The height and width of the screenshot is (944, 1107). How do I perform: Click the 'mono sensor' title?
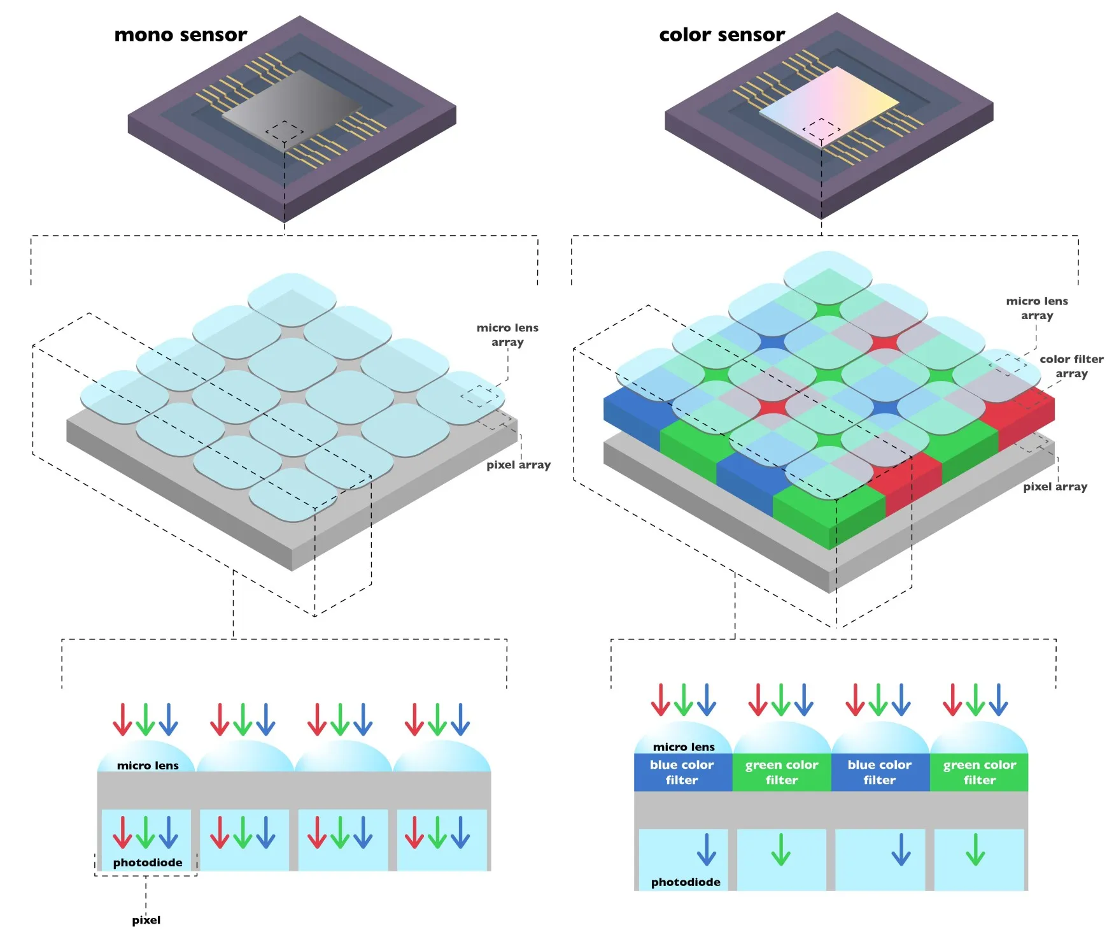coord(180,34)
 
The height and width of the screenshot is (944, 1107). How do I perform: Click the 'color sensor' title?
coord(721,34)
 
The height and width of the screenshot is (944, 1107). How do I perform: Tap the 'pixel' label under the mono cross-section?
coord(146,920)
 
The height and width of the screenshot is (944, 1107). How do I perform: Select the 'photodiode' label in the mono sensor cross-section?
coord(148,862)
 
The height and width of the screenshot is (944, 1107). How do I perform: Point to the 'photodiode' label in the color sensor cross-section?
coord(686,882)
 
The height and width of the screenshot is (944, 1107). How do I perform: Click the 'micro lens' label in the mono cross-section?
coord(148,765)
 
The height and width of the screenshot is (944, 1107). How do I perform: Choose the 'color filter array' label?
coord(1071,366)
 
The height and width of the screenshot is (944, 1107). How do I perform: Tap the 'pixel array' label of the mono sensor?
coord(518,465)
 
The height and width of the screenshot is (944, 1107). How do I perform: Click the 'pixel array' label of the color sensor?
coord(1055,487)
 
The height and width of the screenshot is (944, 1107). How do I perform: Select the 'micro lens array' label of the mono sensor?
coord(507,334)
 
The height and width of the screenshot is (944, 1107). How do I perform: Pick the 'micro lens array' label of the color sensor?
coord(1037,308)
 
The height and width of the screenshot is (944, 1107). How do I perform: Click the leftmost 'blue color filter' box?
coord(682,772)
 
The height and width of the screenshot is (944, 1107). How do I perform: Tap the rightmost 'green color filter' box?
coord(979,772)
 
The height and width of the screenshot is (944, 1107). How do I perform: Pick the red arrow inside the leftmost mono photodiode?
coord(122,833)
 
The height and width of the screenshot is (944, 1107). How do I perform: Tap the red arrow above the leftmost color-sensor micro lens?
coord(660,699)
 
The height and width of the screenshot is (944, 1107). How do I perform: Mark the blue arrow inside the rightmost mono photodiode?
coord(460,833)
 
